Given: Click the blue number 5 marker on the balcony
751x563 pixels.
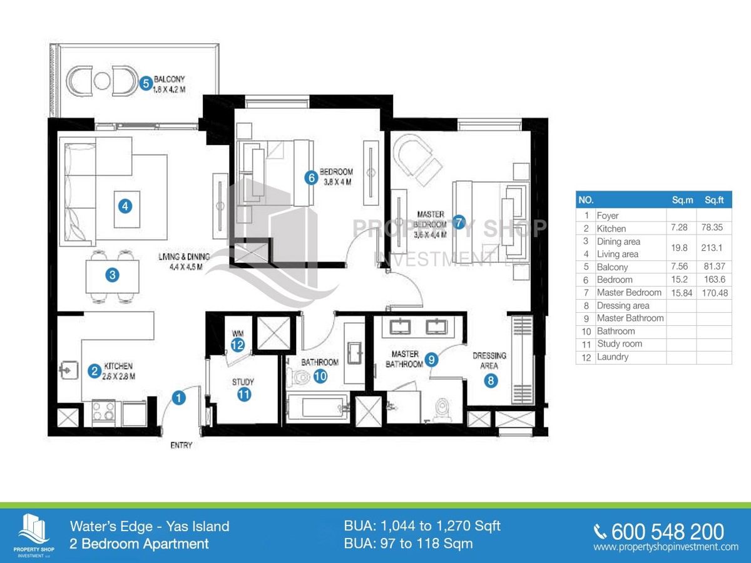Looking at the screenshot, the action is [x=146, y=83].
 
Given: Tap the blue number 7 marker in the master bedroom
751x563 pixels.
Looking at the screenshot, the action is [x=459, y=222].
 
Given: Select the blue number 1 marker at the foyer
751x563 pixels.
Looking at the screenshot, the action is [x=178, y=398].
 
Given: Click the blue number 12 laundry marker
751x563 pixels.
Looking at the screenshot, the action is [x=237, y=345].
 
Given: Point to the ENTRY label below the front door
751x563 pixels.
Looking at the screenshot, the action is [x=181, y=445].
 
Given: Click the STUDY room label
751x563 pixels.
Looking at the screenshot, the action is [x=243, y=382].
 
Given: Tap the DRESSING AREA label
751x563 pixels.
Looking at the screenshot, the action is [x=489, y=361].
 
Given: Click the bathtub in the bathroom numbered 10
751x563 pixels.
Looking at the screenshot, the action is [x=318, y=407].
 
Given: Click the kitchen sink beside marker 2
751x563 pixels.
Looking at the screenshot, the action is [x=69, y=370].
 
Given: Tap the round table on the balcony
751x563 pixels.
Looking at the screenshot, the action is [x=102, y=81].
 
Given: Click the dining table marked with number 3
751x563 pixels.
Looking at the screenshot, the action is [x=112, y=276].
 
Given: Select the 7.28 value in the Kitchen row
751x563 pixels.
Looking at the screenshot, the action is [x=679, y=228].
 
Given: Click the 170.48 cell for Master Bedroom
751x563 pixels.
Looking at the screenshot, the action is [x=715, y=293].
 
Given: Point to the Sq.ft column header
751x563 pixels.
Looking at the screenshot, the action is [x=714, y=200].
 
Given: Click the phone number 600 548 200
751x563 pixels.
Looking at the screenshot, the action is [x=668, y=532].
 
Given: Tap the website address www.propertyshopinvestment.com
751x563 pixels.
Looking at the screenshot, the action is [x=666, y=547].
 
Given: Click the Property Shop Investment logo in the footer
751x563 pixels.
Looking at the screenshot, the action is [x=34, y=535].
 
